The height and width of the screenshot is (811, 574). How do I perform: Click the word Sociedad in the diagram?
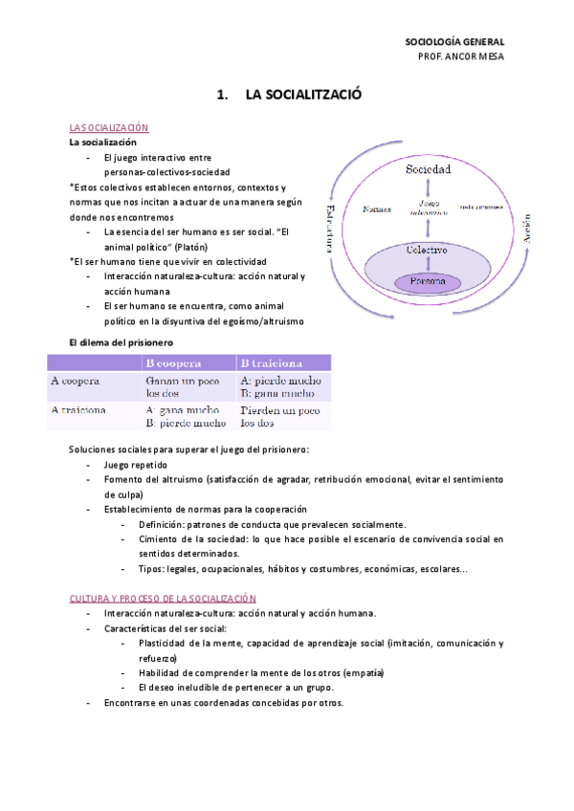pos(429,169)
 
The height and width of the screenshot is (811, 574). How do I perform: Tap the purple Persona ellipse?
pos(428,282)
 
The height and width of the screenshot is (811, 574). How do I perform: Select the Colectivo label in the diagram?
pos(428,250)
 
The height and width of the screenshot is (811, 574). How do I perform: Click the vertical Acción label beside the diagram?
pos(526,230)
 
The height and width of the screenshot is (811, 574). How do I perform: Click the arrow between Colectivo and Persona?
pos(428,266)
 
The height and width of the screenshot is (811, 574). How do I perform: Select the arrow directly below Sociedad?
pos(428,187)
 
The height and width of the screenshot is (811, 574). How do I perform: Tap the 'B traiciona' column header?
pos(272,363)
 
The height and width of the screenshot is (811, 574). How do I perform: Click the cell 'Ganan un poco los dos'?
pos(182,386)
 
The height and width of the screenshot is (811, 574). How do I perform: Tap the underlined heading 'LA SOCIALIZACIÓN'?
pos(109,128)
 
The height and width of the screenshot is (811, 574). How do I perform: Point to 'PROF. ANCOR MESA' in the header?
pos(461,56)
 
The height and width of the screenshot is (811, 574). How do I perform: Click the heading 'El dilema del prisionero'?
pos(121,341)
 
